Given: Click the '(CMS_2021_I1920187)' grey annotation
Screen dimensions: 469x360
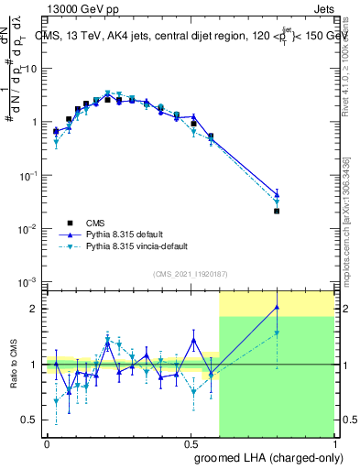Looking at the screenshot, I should [x=190, y=273].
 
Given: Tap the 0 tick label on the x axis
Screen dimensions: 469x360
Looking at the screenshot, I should [x=47, y=444].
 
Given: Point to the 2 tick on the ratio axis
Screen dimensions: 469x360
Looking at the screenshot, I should [x=35, y=309].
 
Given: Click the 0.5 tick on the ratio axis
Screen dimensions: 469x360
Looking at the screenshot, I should [x=30, y=420].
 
